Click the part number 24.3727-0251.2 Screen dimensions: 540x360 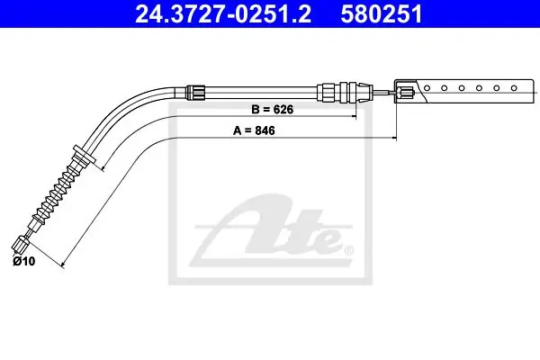click(x=223, y=14)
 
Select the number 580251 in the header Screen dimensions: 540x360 click(x=382, y=14)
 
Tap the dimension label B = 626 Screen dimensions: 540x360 click(x=273, y=110)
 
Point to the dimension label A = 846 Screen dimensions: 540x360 click(x=254, y=130)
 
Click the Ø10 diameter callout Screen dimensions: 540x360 click(x=24, y=261)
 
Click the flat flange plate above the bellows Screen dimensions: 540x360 click(x=84, y=155)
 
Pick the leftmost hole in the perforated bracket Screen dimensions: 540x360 click(x=427, y=88)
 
